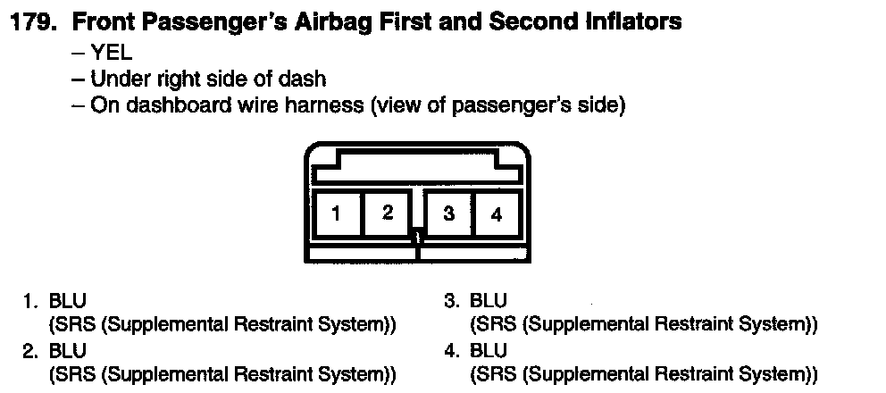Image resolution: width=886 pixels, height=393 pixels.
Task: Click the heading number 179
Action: pos(35,21)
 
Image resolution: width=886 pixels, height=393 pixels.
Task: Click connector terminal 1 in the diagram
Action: pos(335,213)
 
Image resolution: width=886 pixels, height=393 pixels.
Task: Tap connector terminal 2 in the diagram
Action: pos(387,213)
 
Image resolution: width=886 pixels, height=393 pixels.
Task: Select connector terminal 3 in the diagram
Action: pos(448,213)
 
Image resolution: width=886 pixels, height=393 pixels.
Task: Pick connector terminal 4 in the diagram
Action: pos(497,214)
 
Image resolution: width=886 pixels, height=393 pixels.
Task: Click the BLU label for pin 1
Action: pos(68,301)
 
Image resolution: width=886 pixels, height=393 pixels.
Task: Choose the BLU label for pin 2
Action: pos(68,349)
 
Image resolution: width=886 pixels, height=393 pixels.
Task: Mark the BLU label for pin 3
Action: pos(489,301)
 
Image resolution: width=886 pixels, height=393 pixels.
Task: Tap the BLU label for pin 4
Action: pos(489,349)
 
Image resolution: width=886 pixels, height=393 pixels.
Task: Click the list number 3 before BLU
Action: pos(451,301)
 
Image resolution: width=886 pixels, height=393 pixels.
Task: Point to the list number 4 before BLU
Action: pos(451,349)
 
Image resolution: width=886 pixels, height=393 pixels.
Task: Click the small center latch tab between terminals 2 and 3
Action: pos(416,238)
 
